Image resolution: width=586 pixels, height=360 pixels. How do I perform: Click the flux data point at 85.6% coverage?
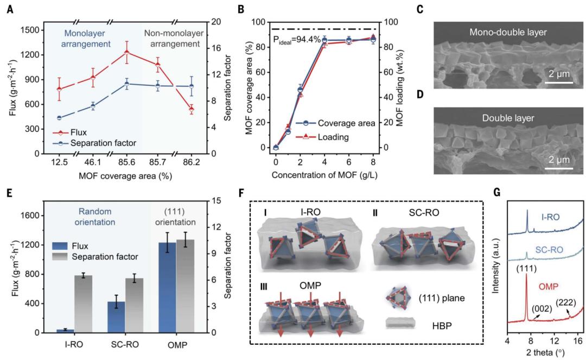coord(127,52)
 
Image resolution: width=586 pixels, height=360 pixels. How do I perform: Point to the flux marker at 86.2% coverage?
coord(190,109)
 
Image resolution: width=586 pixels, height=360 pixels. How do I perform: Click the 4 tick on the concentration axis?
coord(324,161)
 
